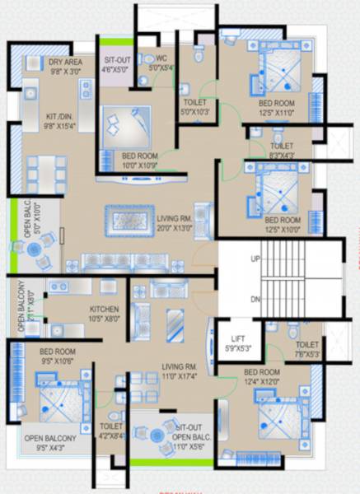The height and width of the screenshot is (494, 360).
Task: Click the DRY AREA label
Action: [x=65, y=67]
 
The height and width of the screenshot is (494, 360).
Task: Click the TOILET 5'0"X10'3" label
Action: [x=195, y=107]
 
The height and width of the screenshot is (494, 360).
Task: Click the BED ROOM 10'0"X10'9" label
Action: [x=140, y=160]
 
